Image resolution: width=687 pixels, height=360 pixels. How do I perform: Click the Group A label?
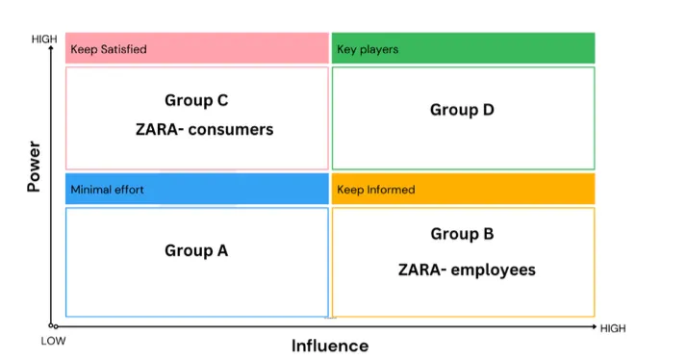pyautogui.click(x=196, y=250)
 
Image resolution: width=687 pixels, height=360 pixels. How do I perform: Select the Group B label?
pyautogui.click(x=462, y=234)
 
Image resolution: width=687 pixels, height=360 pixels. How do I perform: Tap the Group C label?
pyautogui.click(x=196, y=100)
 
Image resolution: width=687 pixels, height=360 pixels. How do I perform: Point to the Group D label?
pyautogui.click(x=462, y=110)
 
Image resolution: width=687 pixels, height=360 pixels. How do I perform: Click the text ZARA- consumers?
pyautogui.click(x=205, y=130)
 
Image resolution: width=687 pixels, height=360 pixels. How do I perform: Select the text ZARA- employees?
pyautogui.click(x=467, y=270)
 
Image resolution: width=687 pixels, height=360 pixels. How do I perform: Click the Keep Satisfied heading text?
pyautogui.click(x=109, y=49)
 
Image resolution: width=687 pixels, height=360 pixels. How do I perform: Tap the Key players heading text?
pyautogui.click(x=368, y=49)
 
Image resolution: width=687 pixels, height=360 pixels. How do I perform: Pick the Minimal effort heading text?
pyautogui.click(x=108, y=190)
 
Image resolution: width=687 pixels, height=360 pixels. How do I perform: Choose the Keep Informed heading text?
pyautogui.click(x=376, y=190)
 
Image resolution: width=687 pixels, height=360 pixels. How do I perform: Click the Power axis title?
pyautogui.click(x=34, y=167)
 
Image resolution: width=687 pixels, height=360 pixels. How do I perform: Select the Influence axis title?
pyautogui.click(x=330, y=346)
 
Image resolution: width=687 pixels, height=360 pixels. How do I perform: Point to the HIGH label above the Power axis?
pyautogui.click(x=44, y=39)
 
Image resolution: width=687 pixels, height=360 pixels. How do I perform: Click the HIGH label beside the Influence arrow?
pyautogui.click(x=613, y=328)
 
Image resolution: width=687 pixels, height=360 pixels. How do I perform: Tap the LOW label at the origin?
pyautogui.click(x=54, y=341)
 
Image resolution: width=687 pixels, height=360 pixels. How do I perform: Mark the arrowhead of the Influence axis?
pyautogui.click(x=594, y=326)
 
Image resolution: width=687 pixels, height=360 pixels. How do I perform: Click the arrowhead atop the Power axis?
pyautogui.click(x=51, y=48)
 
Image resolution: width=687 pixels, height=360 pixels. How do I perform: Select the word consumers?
pyautogui.click(x=231, y=130)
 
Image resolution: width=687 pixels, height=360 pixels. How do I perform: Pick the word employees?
pyautogui.click(x=494, y=270)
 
